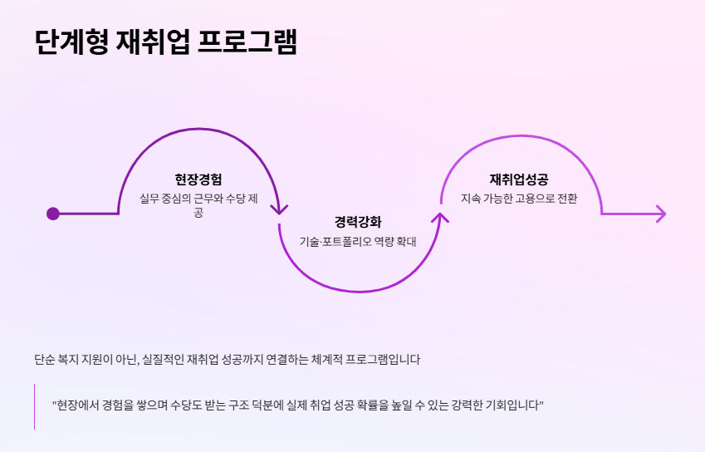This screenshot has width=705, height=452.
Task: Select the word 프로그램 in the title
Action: click(x=247, y=42)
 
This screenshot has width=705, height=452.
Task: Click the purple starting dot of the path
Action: click(x=53, y=214)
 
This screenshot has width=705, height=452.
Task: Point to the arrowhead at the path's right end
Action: click(x=661, y=214)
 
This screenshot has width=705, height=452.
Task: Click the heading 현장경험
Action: click(x=198, y=179)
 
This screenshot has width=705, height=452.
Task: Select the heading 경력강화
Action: click(x=358, y=222)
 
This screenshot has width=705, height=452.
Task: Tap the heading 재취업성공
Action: click(x=519, y=179)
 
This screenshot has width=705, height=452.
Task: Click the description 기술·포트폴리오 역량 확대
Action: click(x=358, y=242)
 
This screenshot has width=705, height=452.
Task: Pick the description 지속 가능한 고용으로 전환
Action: click(x=519, y=199)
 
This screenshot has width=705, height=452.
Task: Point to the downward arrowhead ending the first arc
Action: click(x=279, y=209)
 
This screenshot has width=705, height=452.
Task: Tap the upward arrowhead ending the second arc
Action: click(x=440, y=219)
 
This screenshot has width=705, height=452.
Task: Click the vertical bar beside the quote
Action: click(x=35, y=406)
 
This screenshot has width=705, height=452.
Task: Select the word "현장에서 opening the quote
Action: click(x=74, y=405)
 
